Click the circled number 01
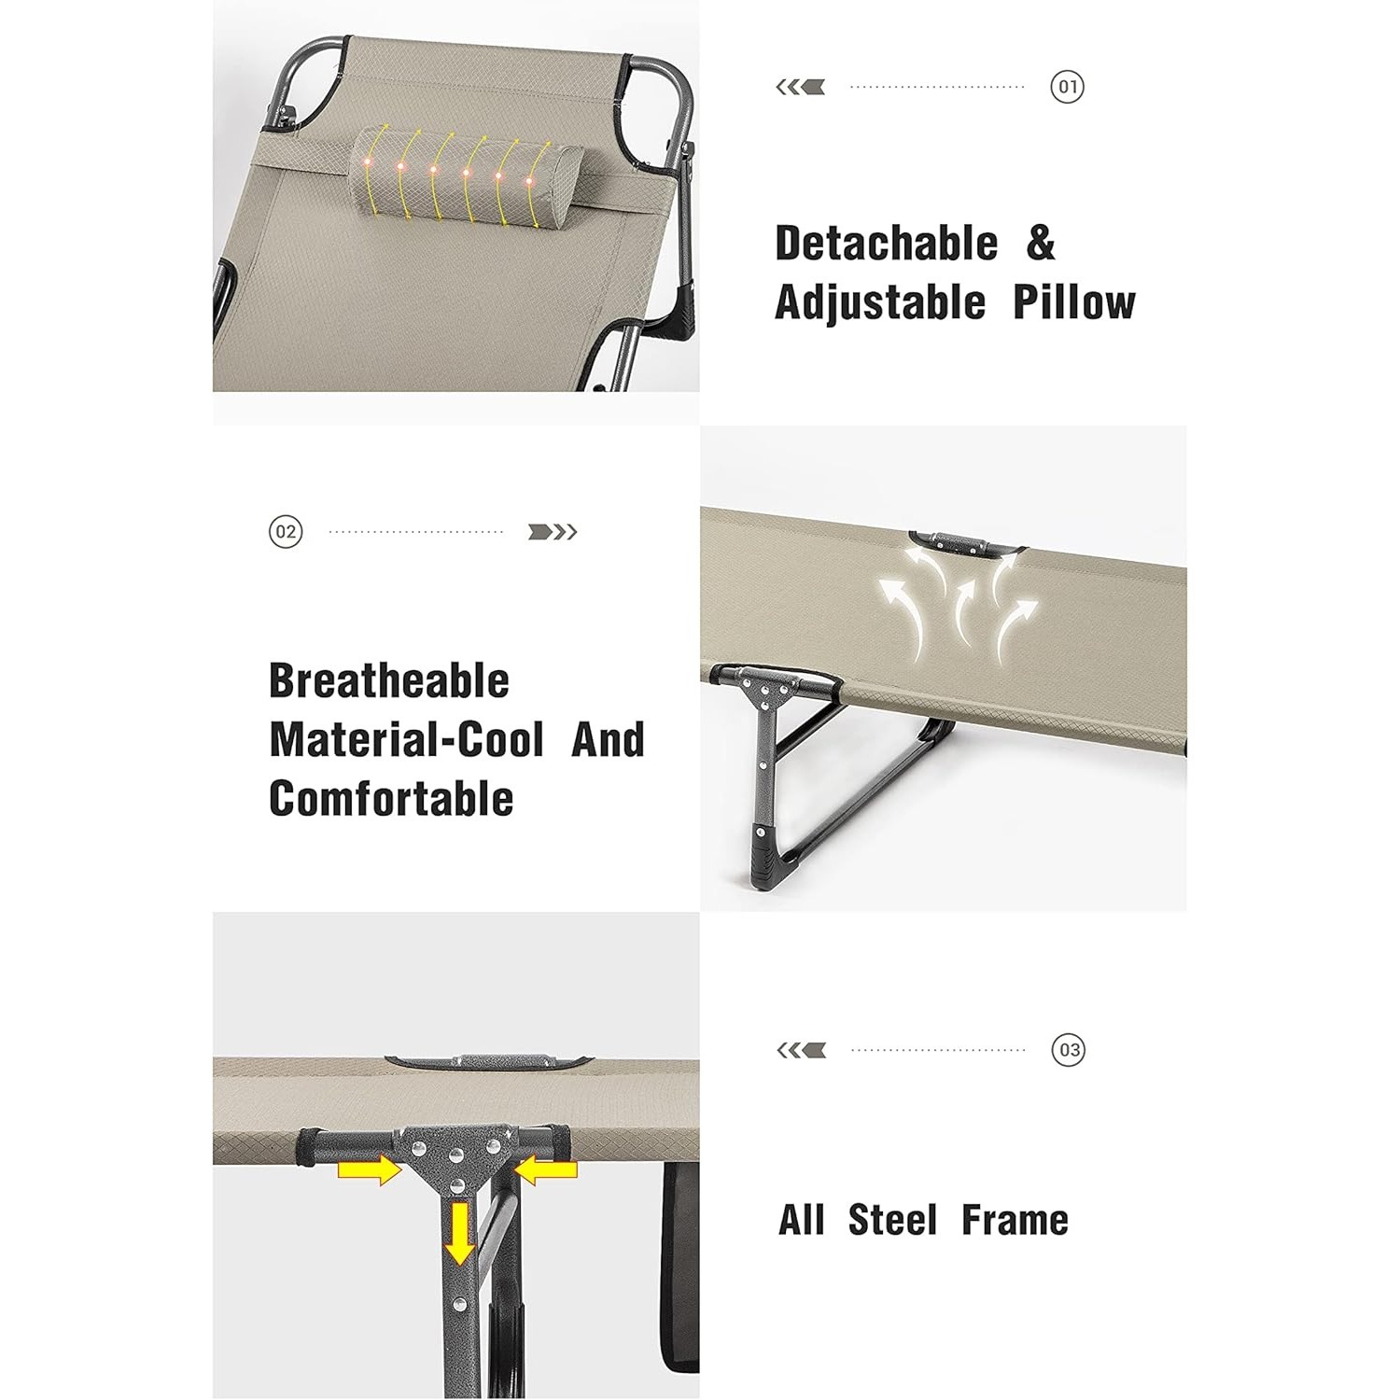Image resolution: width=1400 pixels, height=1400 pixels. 1067,88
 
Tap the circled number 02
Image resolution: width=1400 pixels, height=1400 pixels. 286,532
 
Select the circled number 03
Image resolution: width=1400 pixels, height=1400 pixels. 1069,1050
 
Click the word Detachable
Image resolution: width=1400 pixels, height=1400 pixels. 887,244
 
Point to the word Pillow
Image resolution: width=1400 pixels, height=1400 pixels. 1074,302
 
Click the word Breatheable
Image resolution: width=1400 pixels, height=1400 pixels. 389,680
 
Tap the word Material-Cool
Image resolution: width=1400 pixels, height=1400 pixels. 407,739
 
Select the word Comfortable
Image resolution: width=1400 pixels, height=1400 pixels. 391,799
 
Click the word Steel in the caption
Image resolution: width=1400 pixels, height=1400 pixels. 892,1220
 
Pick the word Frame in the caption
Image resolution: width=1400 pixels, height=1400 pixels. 1015,1220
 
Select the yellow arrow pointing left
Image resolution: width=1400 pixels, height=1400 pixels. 546,1170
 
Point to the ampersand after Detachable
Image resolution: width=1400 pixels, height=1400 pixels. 1041,244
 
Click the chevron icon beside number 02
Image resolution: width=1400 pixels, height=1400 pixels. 553,532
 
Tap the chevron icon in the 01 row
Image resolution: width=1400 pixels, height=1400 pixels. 801,88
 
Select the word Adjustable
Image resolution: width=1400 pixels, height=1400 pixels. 881,302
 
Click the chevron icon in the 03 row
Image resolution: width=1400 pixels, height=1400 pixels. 802,1050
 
